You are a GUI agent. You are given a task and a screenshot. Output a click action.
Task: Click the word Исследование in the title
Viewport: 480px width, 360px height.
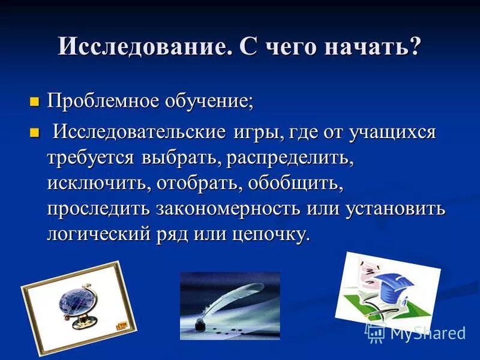[143, 46]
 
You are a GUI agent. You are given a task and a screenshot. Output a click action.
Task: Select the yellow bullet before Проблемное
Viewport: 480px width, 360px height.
[34, 101]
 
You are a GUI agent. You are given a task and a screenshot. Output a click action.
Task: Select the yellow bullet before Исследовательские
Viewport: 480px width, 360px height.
[34, 133]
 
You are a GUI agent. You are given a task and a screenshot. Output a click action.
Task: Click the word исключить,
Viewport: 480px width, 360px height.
[98, 183]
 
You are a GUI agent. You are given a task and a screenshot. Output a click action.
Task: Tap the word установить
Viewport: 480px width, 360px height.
[393, 209]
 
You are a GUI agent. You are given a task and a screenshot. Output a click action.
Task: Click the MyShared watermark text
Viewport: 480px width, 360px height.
[427, 333]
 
